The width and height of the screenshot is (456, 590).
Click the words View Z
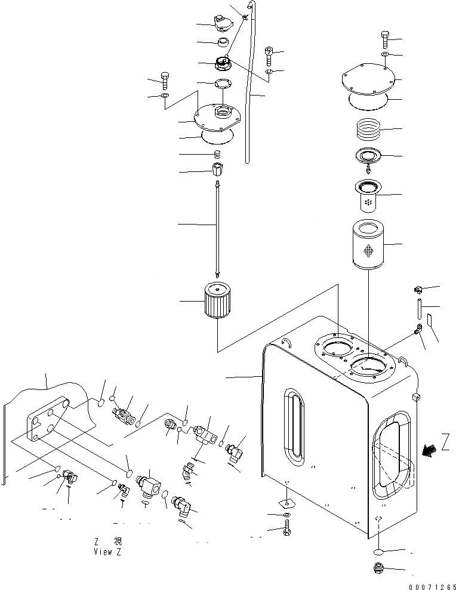(107, 551)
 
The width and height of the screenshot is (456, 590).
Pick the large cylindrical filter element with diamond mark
(368, 245)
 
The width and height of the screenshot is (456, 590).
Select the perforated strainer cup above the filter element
(369, 196)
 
